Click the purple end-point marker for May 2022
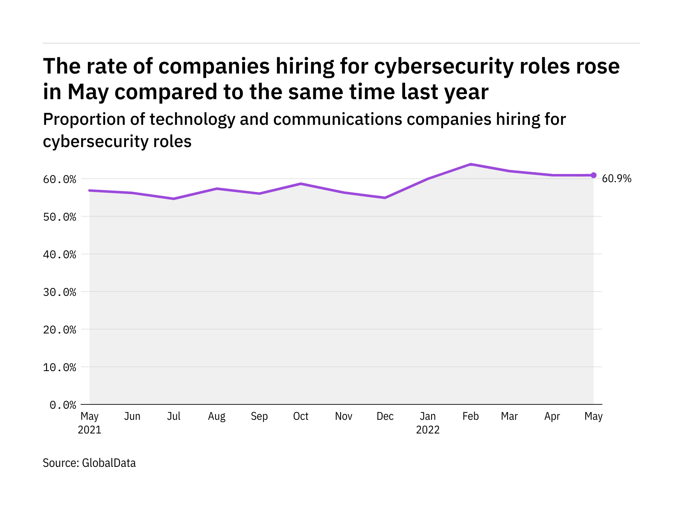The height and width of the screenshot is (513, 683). pos(593,175)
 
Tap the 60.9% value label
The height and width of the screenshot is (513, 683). pos(616,179)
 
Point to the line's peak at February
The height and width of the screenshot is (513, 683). pos(470,164)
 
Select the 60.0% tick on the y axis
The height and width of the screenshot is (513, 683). pos(59,179)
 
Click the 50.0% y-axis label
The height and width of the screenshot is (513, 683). pos(59,217)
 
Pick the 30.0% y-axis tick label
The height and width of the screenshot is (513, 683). pos(59,292)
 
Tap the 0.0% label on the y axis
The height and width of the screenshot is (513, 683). pos(63,405)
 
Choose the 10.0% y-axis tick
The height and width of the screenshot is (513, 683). pos(59,367)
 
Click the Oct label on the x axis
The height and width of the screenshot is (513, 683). pos(301,416)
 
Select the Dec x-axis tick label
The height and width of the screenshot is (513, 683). pos(385,416)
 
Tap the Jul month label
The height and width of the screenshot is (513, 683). pos(174,416)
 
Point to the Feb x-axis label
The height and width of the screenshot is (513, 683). pos(470,416)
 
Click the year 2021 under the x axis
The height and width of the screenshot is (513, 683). pos(90,430)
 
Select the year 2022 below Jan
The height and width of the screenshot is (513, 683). pos(428,430)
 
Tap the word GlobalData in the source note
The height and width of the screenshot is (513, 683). pos(109,463)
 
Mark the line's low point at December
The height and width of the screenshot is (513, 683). pos(385,198)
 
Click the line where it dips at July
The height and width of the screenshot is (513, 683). pos(174,199)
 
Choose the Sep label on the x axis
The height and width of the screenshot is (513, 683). pos(259,416)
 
